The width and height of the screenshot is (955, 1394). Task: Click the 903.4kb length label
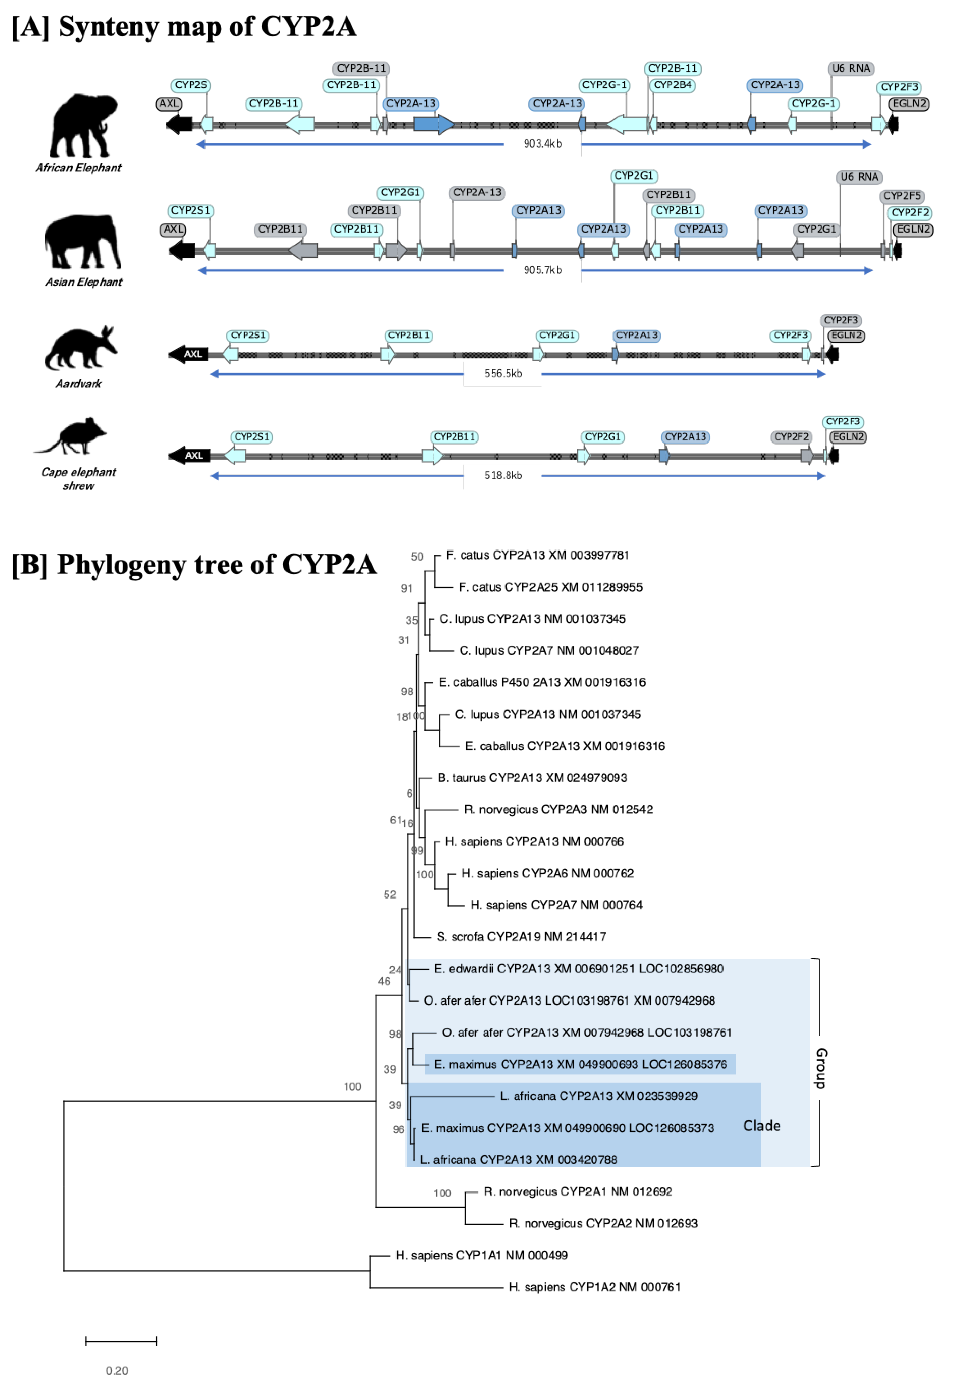[x=542, y=144]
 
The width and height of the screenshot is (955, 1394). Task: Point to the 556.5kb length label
[x=503, y=374]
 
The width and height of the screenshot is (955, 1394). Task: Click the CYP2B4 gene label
[x=673, y=85]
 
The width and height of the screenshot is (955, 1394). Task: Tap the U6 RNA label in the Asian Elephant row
[x=859, y=177]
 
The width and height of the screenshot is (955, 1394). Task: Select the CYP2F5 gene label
[x=902, y=196]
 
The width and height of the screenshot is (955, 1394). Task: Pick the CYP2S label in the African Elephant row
[x=191, y=85]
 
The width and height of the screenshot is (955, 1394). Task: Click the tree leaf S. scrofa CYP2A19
[x=521, y=936]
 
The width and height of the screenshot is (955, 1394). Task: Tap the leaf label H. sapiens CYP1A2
[x=595, y=1287]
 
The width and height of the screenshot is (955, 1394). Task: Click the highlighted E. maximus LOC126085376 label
[x=580, y=1064]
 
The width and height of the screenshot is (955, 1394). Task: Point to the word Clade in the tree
[x=762, y=1126]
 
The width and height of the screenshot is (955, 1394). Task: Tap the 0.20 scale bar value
[x=117, y=1371]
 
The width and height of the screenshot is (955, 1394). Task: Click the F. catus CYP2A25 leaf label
[x=550, y=587]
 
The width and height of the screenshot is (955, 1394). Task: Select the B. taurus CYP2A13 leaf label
[x=532, y=778]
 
